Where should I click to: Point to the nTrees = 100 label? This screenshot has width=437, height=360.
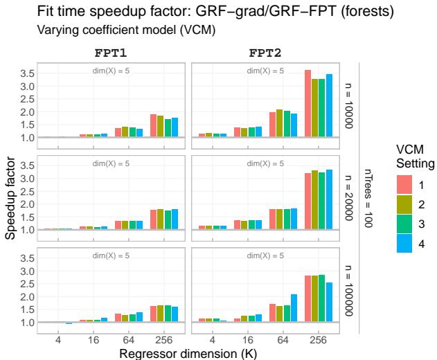pyautogui.click(x=367, y=197)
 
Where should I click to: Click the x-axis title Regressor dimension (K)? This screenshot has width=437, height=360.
pyautogui.click(x=188, y=351)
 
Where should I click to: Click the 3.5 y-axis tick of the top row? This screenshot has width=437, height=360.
pyautogui.click(x=26, y=73)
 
